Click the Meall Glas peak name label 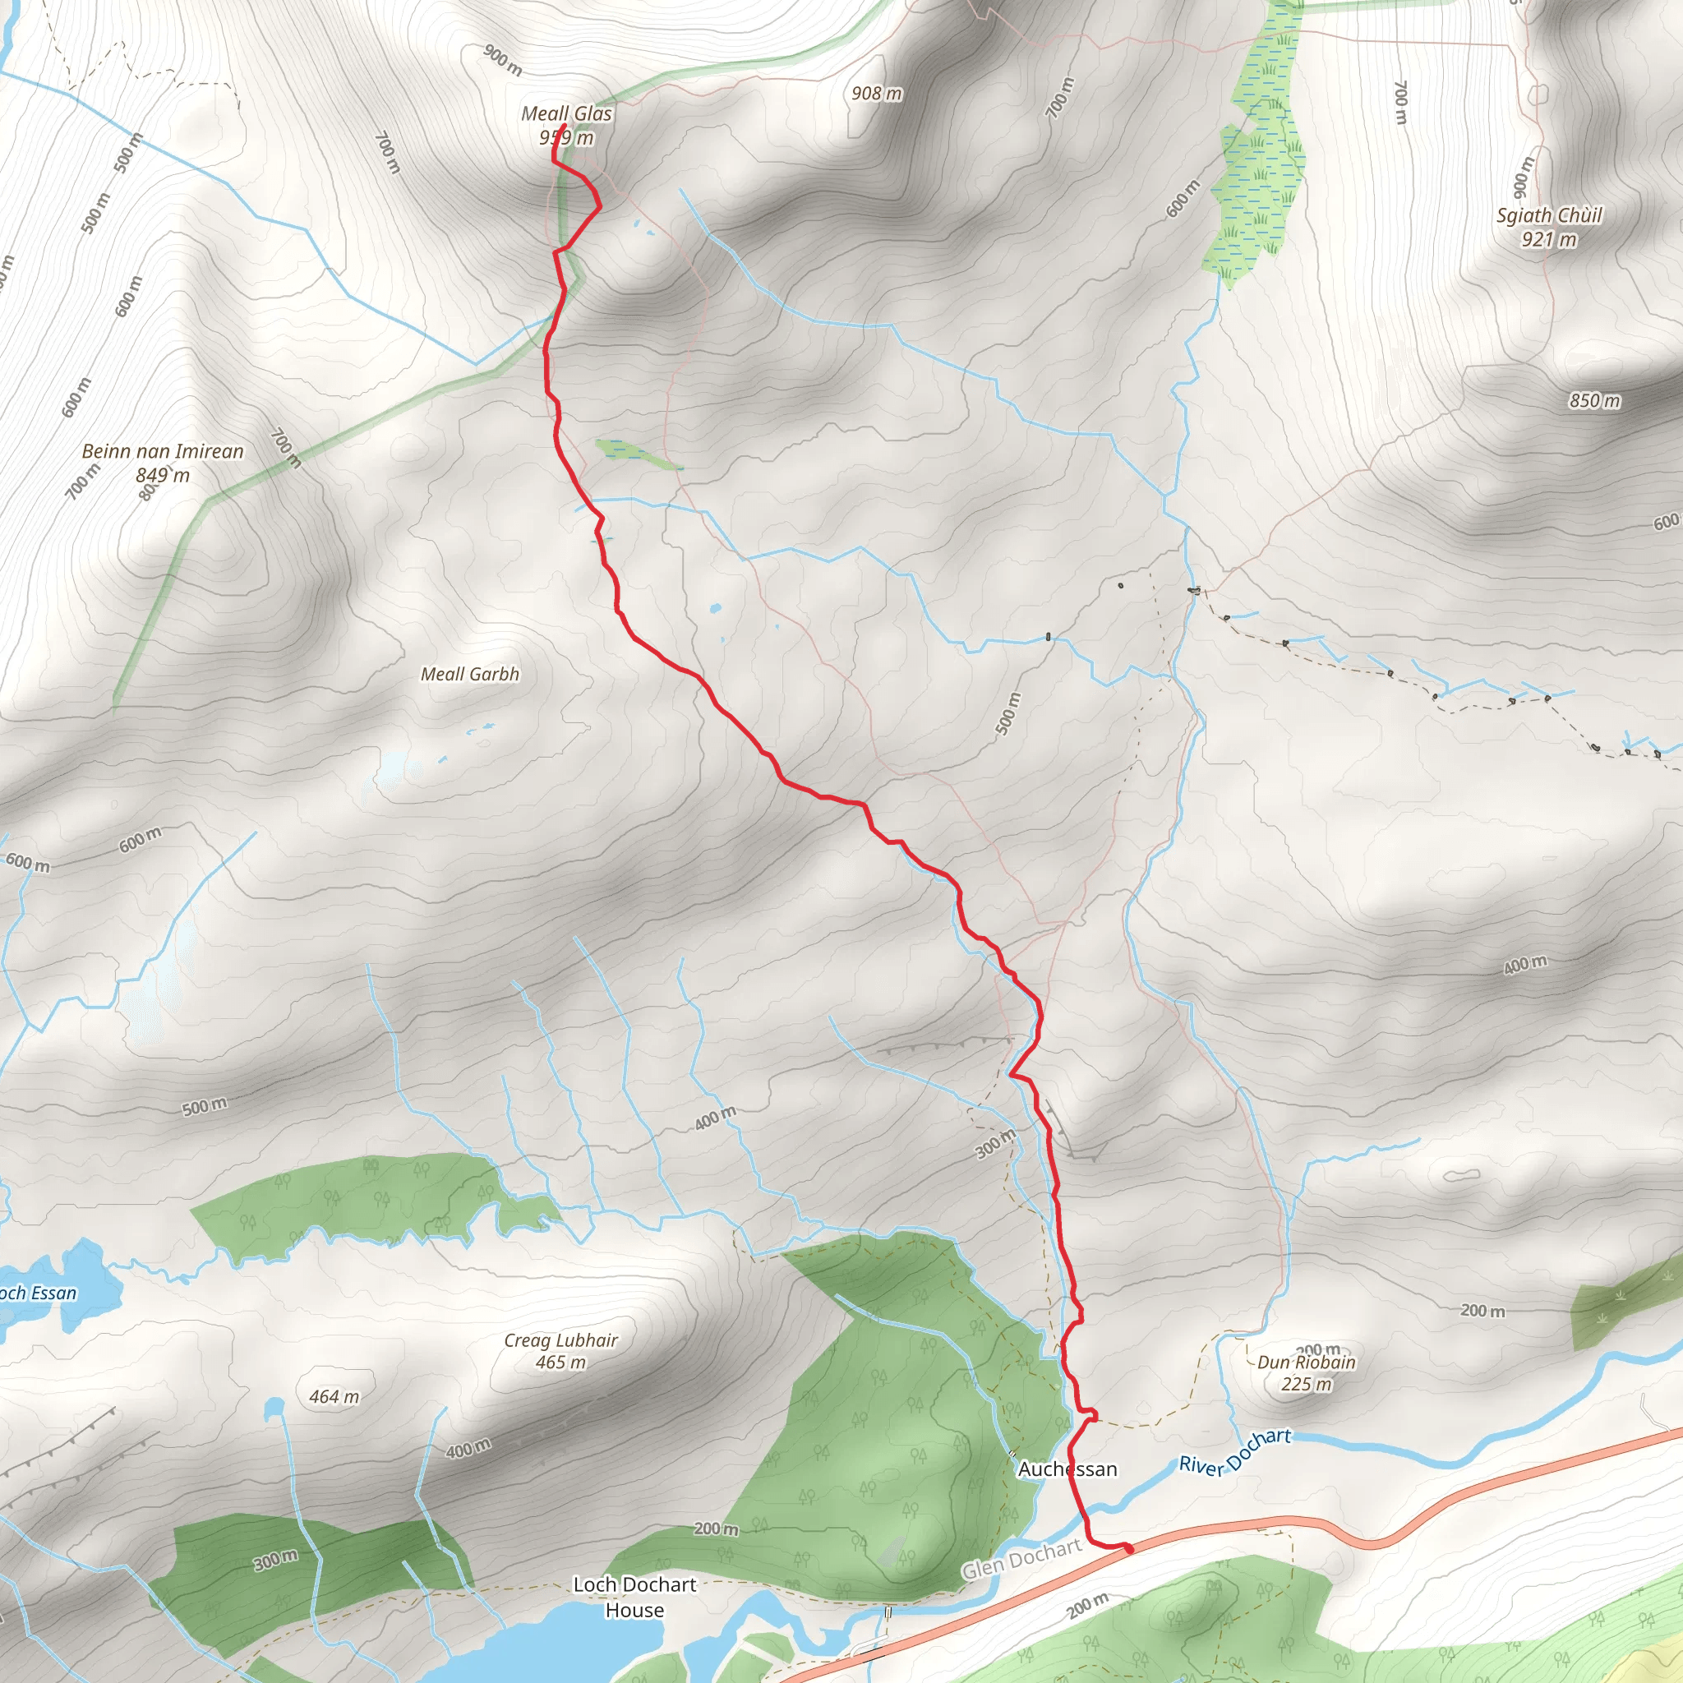tap(566, 113)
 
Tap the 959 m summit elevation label tap(566, 137)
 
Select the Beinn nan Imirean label tap(163, 451)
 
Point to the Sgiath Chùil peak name tap(1549, 215)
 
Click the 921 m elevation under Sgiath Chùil tap(1549, 240)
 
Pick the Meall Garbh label tap(469, 674)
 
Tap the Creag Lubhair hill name tap(561, 1340)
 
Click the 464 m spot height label tap(334, 1397)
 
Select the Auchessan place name tap(1067, 1469)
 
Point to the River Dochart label tap(1234, 1453)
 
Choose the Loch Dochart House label tap(634, 1597)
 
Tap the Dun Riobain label tap(1306, 1363)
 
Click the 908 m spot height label tap(876, 93)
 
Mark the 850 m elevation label tap(1594, 401)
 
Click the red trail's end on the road tap(1130, 1549)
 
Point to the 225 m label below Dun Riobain tap(1306, 1384)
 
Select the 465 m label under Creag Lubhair tap(561, 1363)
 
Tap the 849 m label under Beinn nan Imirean tap(163, 476)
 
